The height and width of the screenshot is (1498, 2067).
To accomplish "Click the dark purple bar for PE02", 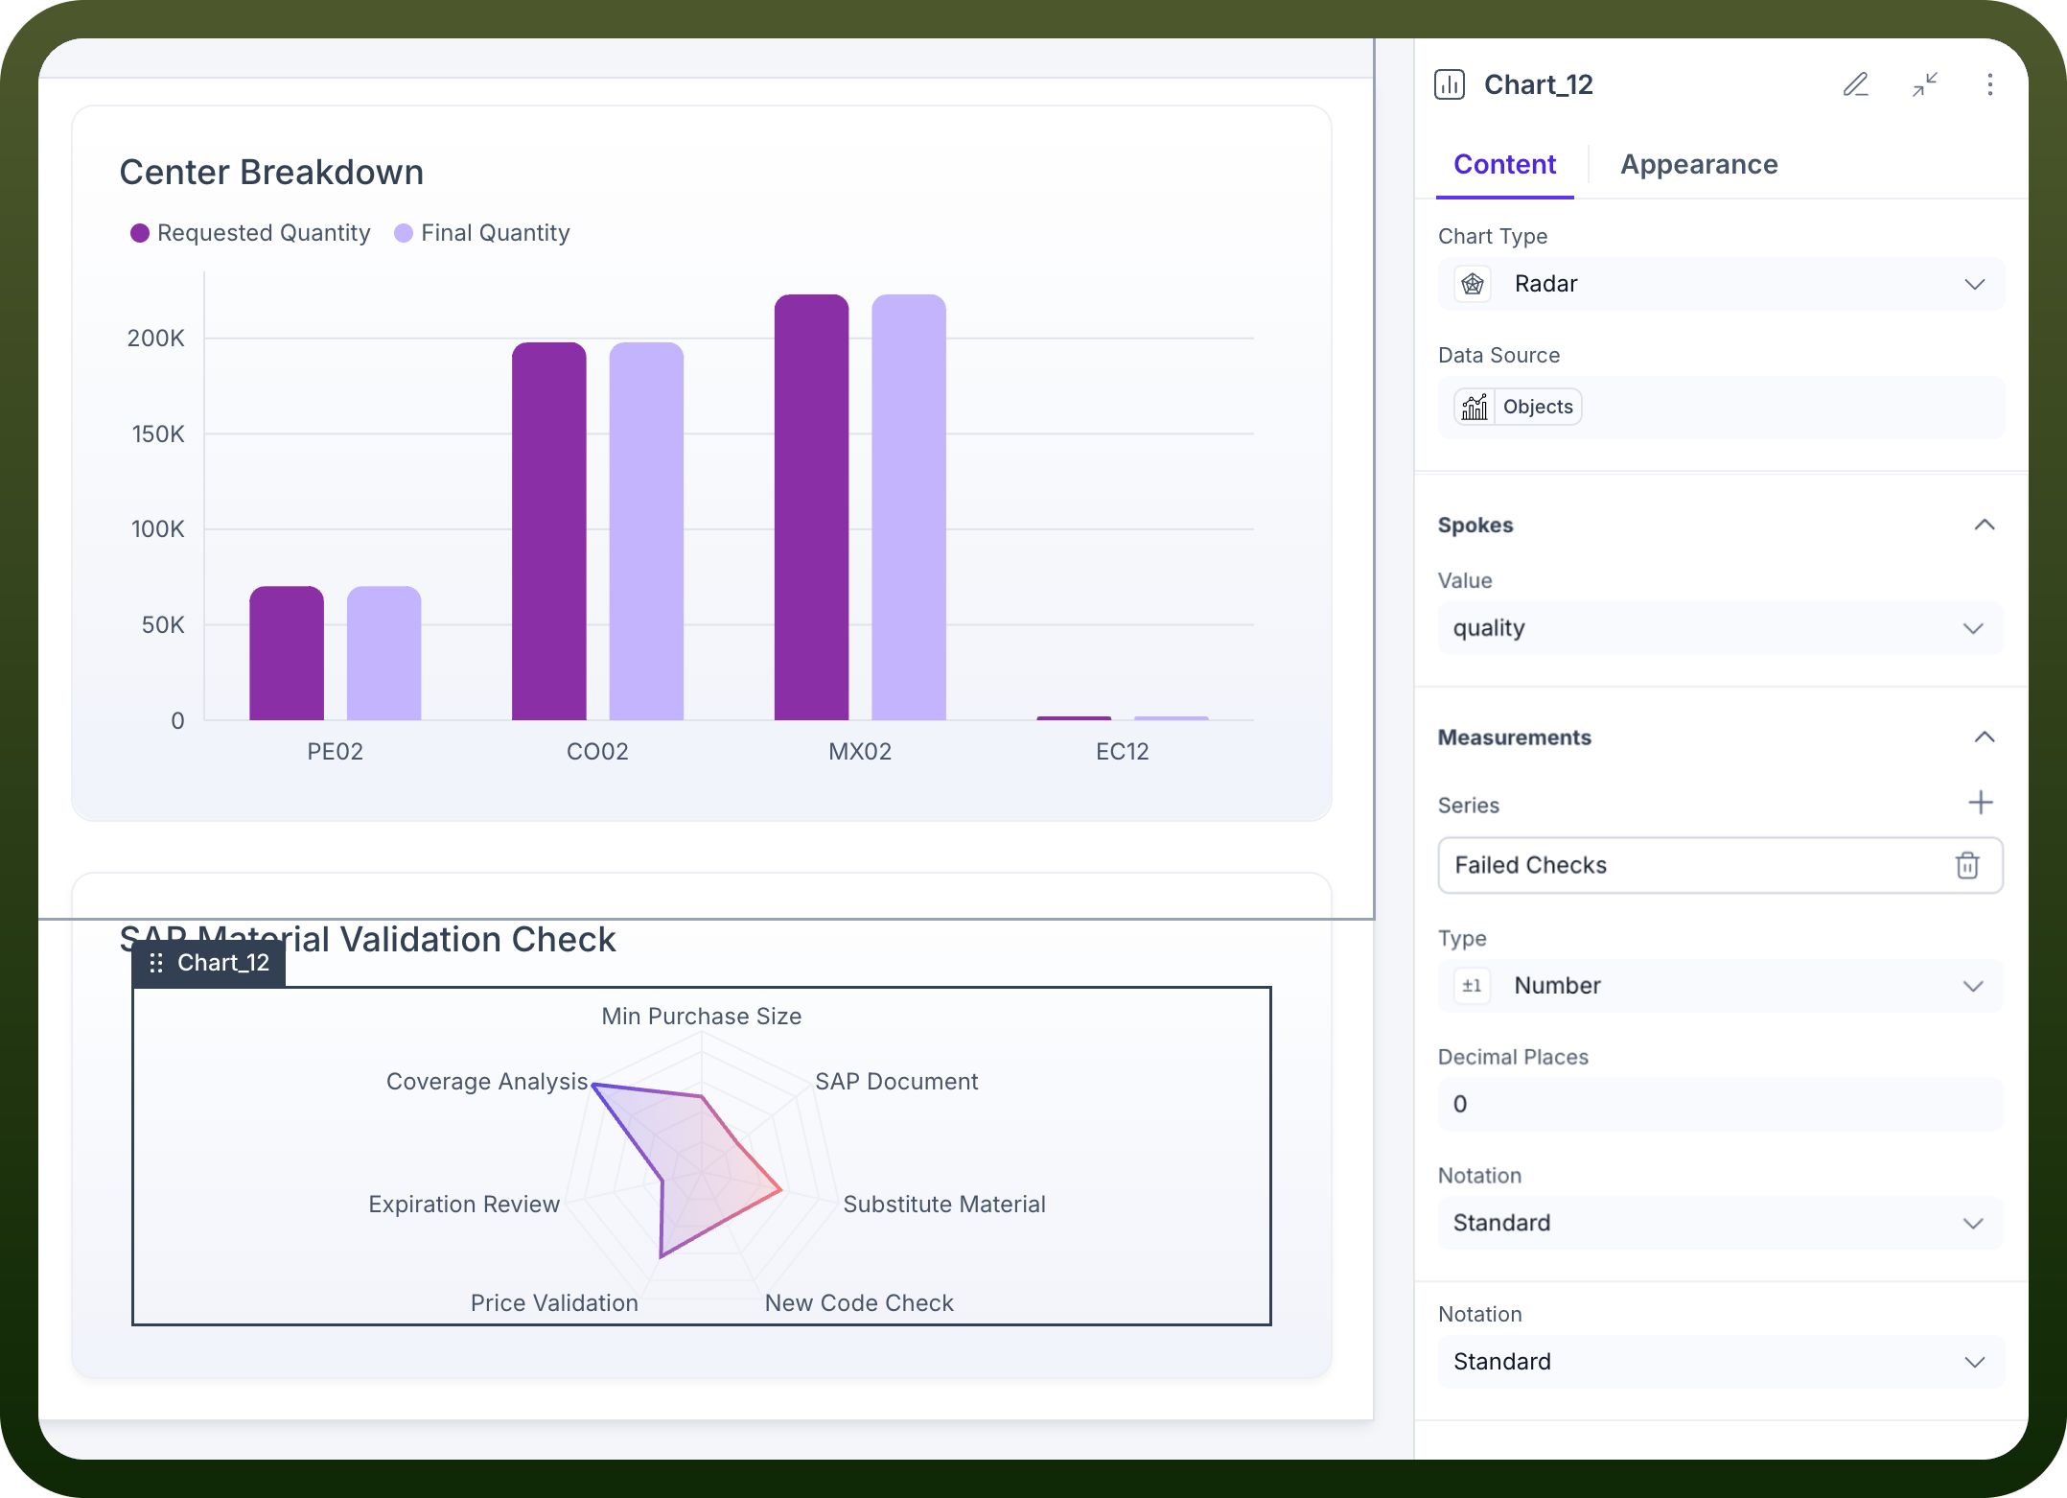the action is click(x=287, y=653).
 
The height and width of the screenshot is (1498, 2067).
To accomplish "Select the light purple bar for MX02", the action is click(x=909, y=507).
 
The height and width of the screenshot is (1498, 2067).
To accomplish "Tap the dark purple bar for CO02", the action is click(x=549, y=531).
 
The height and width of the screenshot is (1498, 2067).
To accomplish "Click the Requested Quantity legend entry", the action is click(x=250, y=233).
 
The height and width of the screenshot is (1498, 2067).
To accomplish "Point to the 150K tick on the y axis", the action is click(x=158, y=433).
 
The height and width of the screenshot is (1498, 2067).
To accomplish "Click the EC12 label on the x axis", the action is click(x=1123, y=751).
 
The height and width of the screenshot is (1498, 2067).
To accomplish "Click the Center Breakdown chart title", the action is click(x=271, y=172).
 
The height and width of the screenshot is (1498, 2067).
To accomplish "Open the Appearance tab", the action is click(x=1699, y=164).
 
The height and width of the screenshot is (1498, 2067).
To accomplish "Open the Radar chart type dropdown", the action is click(x=1721, y=284).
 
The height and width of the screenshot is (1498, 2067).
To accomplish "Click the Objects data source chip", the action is click(x=1518, y=407).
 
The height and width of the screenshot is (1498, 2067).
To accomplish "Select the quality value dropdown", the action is click(x=1721, y=628).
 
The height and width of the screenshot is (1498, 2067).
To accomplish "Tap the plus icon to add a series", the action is click(x=1981, y=803).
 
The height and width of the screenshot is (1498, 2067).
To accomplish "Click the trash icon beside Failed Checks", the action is click(x=1967, y=865).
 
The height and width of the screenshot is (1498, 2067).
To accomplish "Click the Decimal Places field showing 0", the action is click(x=1721, y=1104).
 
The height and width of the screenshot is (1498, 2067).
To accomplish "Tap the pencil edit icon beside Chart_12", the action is click(x=1856, y=84).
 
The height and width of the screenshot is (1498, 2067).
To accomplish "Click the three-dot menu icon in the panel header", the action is click(x=1990, y=84).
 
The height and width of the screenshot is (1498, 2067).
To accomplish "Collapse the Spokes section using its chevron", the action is click(x=1985, y=525).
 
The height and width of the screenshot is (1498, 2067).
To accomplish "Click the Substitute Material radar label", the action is click(x=944, y=1204).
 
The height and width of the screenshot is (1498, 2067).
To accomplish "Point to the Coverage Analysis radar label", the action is click(x=487, y=1081).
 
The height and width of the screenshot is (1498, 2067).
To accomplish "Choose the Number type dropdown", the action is click(x=1721, y=986).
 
